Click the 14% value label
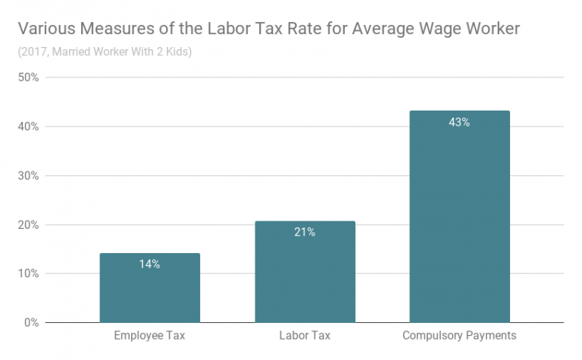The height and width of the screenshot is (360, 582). (149, 265)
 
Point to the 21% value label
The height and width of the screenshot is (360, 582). (305, 232)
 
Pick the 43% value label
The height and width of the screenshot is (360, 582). (459, 122)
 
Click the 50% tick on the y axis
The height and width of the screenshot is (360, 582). (29, 77)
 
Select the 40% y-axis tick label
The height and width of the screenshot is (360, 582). (29, 127)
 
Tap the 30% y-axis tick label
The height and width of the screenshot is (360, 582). (29, 176)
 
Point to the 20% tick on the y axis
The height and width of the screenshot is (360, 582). (29, 225)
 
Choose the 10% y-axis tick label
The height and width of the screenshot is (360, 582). (29, 274)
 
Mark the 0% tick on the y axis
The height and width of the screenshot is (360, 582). (32, 323)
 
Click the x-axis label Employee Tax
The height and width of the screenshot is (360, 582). (149, 336)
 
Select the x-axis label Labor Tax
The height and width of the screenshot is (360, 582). (305, 336)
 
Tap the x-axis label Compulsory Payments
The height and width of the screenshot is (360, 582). (459, 336)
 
